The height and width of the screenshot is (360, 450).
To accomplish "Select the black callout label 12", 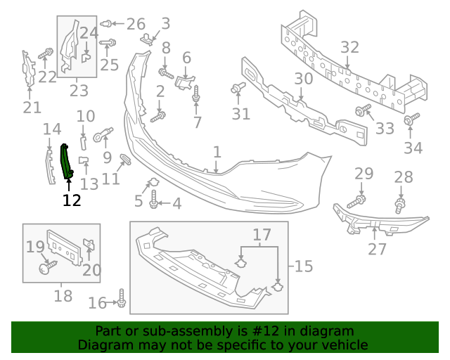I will click(71, 200).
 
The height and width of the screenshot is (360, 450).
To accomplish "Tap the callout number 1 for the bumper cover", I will click(217, 152).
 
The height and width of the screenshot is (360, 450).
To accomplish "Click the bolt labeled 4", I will click(154, 203).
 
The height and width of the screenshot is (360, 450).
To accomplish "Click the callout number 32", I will click(349, 48).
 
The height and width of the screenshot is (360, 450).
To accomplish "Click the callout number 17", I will click(262, 234).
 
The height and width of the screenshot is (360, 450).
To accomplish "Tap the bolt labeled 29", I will click(358, 200).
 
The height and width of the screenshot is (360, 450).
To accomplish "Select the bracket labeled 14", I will click(49, 165).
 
